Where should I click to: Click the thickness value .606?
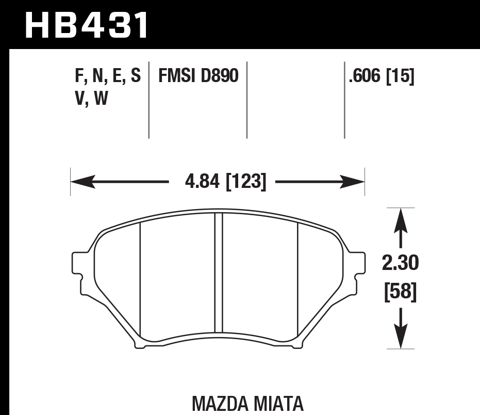(x=366, y=76)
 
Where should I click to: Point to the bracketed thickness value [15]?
(x=400, y=76)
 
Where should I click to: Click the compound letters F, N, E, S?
(x=108, y=76)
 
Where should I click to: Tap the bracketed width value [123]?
(x=246, y=182)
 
